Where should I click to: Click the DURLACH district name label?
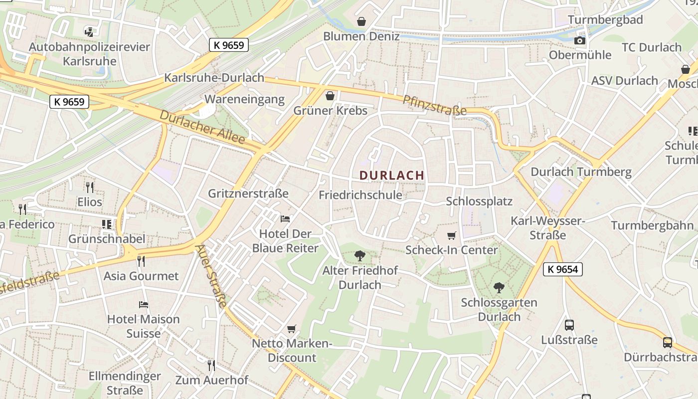391,175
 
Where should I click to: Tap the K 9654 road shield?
562,269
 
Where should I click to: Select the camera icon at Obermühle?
580,40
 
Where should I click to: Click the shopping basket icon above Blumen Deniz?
361,21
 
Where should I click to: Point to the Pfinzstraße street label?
434,105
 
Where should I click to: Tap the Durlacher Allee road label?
202,127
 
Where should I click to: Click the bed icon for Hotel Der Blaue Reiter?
285,218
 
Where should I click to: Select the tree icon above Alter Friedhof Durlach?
360,256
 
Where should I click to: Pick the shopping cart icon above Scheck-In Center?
451,235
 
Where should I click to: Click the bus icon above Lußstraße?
569,325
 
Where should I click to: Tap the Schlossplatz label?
479,201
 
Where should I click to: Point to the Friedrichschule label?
360,195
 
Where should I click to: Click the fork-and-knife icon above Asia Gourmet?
141,261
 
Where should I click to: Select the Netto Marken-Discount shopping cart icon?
292,329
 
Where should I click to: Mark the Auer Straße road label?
211,275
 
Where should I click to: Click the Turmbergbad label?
605,20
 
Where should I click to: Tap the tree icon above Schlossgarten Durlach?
499,288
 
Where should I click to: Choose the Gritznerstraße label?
248,193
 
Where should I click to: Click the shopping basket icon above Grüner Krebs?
330,95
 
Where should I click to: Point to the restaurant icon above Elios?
90,187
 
